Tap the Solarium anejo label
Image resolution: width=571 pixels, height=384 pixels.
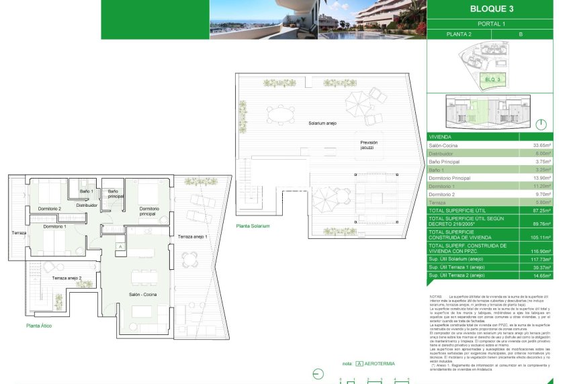coord(322,124)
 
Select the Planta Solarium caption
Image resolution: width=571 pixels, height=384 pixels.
coord(253,226)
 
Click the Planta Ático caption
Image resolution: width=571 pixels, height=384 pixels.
coord(39,326)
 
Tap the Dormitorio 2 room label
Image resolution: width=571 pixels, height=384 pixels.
coord(50,209)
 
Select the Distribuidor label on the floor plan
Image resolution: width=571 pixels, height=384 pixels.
coord(87,205)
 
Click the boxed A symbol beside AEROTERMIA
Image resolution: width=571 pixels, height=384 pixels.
coord(359,364)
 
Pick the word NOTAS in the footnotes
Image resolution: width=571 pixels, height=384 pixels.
coord(435,296)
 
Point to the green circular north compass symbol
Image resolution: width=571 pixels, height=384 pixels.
coord(541,124)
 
